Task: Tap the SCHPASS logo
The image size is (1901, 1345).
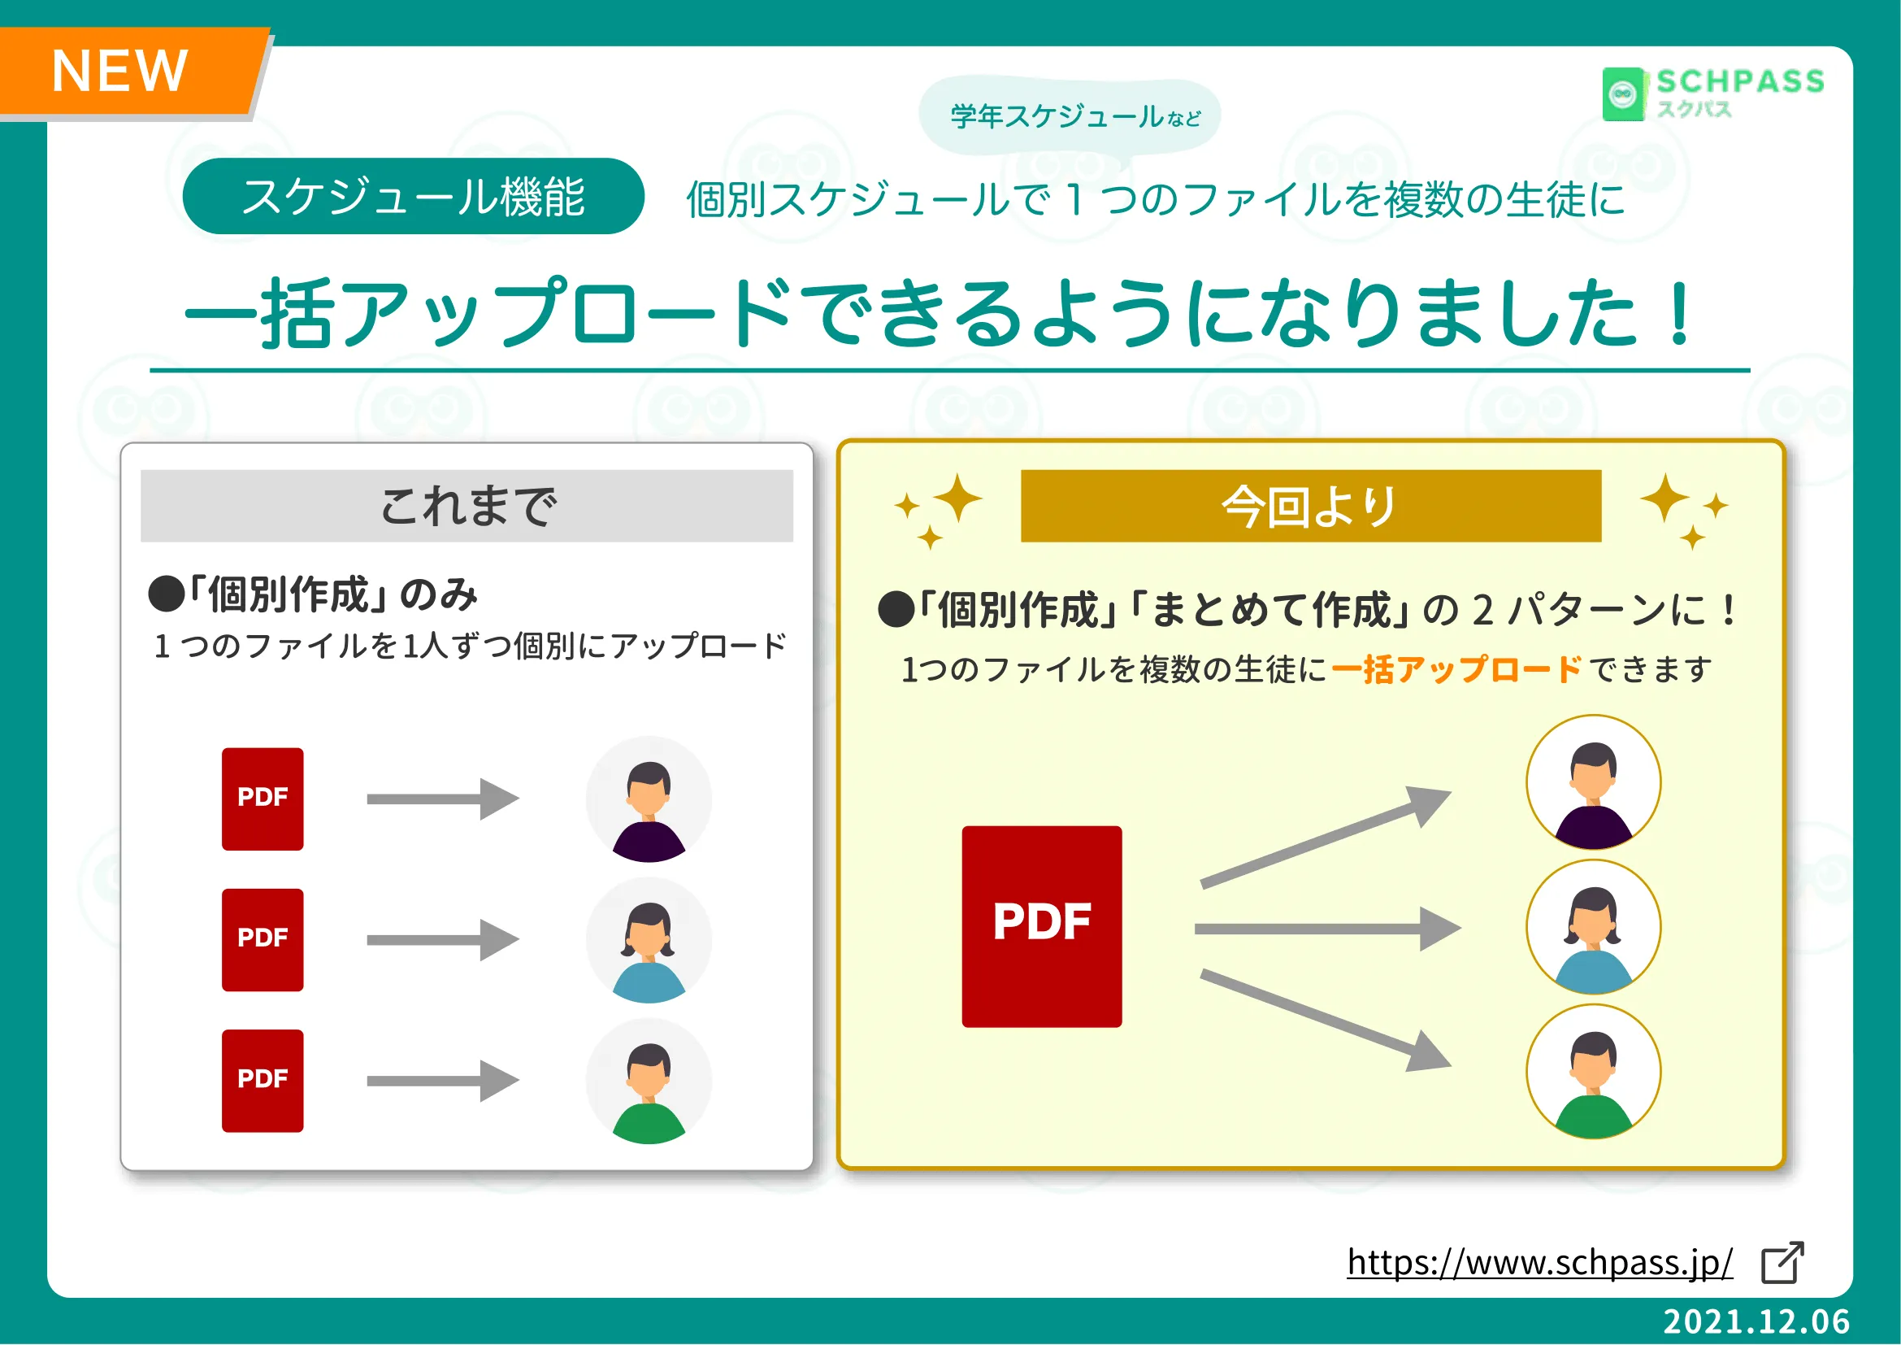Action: coord(1713,94)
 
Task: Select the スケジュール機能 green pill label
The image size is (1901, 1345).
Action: coord(413,196)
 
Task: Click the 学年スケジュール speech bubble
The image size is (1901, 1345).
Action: coord(1070,117)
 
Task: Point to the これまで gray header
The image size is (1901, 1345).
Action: coord(467,506)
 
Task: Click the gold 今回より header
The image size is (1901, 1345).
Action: coord(1311,506)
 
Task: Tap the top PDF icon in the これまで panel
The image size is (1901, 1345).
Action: coord(263,799)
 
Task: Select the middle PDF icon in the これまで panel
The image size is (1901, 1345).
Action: coord(263,940)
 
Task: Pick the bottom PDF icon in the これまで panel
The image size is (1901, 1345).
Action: coord(263,1081)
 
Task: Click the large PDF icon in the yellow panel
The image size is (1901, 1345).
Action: coord(1042,927)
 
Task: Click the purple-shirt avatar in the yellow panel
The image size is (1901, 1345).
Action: coord(1594,782)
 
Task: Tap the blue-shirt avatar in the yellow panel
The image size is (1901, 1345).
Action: coord(1594,927)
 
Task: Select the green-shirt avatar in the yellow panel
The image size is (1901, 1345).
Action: coord(1594,1072)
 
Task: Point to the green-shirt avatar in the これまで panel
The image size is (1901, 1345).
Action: coord(649,1082)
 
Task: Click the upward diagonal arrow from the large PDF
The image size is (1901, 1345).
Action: coord(1325,838)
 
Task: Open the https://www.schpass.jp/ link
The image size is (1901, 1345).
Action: coord(1540,1262)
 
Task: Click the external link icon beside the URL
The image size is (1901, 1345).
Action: coord(1782,1263)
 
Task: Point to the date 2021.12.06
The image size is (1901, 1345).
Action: coord(1756,1321)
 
